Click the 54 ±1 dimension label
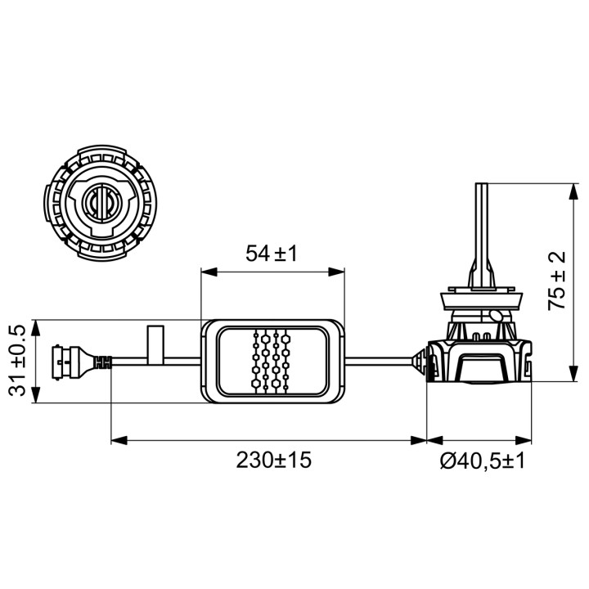(272, 253)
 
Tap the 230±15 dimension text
(274, 460)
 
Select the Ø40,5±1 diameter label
(482, 461)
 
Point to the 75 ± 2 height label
(556, 281)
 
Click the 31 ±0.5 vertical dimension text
(17, 361)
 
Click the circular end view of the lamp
(101, 203)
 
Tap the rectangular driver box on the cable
(273, 362)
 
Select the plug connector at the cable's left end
(82, 361)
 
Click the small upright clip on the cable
(155, 344)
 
